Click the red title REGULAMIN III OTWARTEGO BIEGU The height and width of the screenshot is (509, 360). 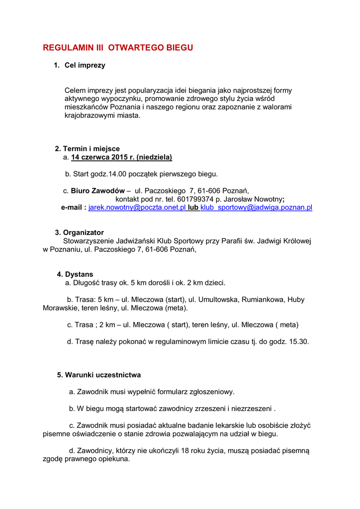pos(118,48)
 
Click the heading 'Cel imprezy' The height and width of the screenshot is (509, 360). pos(85,65)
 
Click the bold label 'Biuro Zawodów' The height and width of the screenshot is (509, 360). pos(97,190)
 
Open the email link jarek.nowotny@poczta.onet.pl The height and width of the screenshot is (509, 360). pos(137,207)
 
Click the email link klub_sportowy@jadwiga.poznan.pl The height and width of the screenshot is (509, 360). pos(256,207)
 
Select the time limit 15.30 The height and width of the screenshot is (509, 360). pos(300,341)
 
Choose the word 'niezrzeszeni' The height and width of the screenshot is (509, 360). pos(251,409)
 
